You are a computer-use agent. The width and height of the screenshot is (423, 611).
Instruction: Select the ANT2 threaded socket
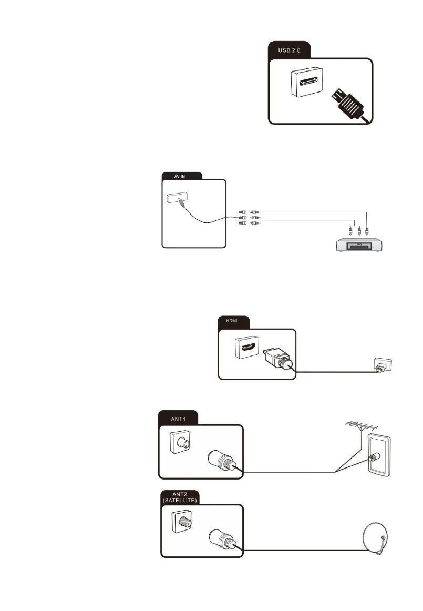click(x=181, y=523)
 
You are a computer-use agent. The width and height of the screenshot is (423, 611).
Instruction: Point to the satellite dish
click(x=376, y=540)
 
